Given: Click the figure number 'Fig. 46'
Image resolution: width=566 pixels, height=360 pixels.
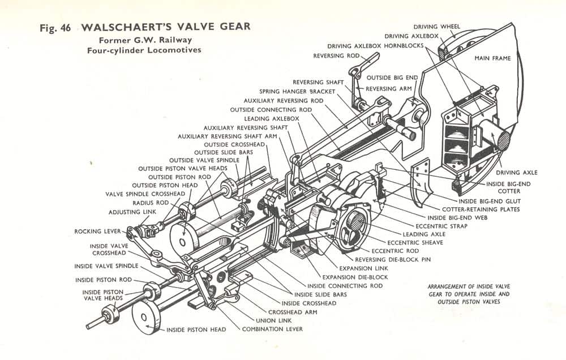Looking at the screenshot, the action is [55, 28].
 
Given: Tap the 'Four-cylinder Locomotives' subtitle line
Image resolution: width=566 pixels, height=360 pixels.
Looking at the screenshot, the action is [144, 50].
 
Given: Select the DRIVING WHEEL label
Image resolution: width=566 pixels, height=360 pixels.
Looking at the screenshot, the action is [437, 27].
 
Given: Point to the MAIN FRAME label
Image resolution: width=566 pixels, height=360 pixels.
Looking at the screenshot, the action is [493, 58].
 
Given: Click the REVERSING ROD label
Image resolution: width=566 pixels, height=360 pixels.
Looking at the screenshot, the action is [336, 56].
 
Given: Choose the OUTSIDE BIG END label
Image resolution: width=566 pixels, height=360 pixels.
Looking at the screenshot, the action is [392, 78].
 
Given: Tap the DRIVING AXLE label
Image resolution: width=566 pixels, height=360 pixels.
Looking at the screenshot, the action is [517, 173].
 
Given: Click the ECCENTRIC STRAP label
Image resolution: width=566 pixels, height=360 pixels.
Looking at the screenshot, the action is [441, 226].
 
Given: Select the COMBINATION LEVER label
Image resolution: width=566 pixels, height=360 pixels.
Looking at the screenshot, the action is [273, 329].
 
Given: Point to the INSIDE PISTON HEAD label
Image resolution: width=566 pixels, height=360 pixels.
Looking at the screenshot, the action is [196, 329].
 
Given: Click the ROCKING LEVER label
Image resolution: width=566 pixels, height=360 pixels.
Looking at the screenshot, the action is [97, 231].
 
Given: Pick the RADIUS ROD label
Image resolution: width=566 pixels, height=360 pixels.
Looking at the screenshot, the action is [151, 203].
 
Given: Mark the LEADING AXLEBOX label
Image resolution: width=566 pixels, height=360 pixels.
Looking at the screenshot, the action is [272, 118].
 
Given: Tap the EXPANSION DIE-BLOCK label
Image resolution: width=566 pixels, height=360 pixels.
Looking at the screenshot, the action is [355, 277].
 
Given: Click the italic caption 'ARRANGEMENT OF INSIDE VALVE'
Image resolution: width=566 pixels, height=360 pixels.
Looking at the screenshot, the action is [469, 286].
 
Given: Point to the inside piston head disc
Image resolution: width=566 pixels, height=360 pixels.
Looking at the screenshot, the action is [145, 318].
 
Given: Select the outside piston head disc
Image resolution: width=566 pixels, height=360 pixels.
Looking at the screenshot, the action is [184, 240].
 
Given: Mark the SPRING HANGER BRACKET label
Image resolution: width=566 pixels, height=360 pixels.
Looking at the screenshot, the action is [297, 92].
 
